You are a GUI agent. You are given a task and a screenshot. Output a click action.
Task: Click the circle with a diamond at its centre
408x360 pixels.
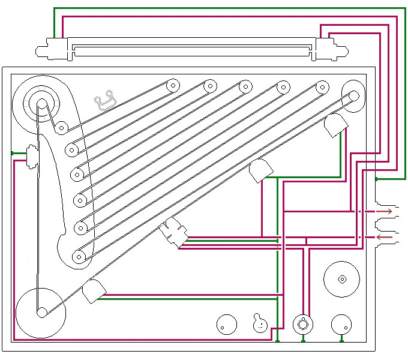pyautogui.click(x=342, y=279)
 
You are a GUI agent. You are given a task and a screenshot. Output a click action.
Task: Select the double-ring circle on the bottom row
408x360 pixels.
pyautogui.click(x=303, y=324)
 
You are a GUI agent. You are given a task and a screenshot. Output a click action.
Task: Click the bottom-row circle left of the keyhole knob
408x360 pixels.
pyautogui.click(x=226, y=325)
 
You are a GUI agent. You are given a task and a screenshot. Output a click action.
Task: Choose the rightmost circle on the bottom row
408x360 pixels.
pyautogui.click(x=342, y=325)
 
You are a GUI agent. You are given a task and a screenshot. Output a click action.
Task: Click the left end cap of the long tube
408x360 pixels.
pyautogui.click(x=53, y=48)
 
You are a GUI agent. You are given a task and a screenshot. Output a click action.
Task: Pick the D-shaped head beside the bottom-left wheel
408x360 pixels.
pyautogui.click(x=94, y=292)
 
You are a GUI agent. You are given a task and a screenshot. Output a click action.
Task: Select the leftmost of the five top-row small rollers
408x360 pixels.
pyautogui.click(x=173, y=85)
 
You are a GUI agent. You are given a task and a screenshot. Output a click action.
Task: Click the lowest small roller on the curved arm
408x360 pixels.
pyautogui.click(x=78, y=257)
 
